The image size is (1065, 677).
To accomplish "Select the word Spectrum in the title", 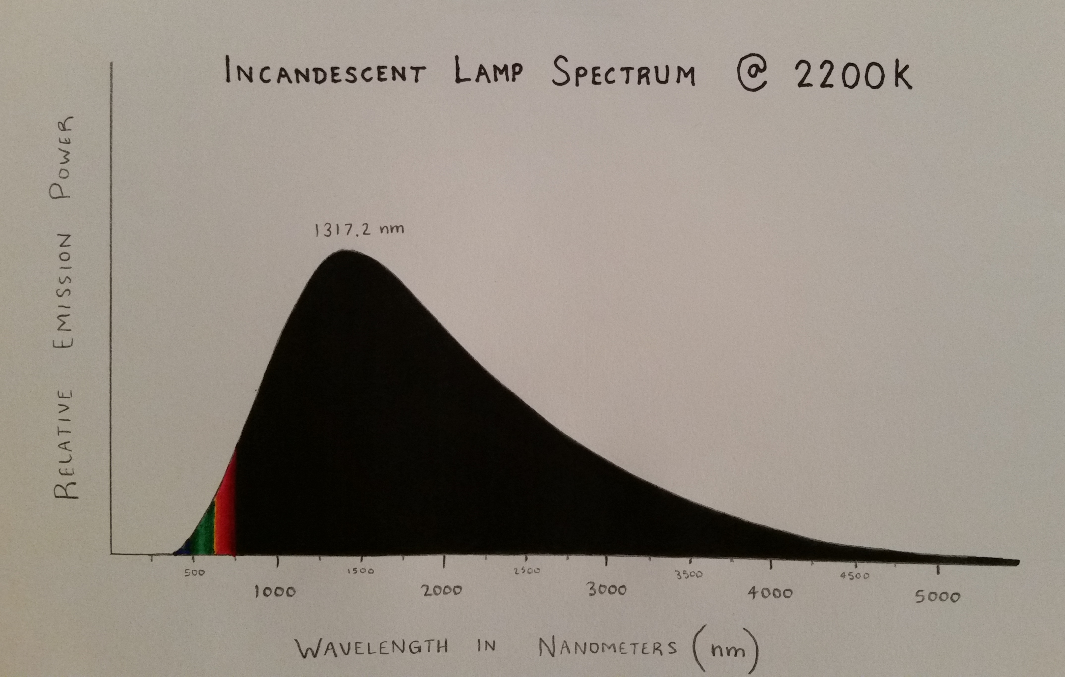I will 624,73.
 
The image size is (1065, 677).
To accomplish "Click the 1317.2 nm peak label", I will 359,230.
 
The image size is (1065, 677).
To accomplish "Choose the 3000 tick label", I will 607,590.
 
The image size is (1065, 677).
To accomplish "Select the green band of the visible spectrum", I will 204,535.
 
